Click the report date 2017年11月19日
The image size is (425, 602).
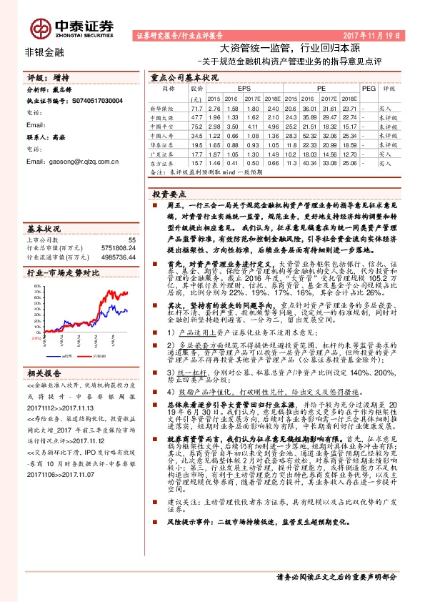[374, 34]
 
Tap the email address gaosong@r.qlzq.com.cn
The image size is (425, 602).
[76, 162]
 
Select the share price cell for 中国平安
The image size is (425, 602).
[196, 125]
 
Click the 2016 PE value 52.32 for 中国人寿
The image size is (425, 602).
[309, 134]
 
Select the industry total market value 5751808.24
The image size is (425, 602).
[119, 248]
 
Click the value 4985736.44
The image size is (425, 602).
[119, 257]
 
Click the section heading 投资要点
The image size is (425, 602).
[169, 194]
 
